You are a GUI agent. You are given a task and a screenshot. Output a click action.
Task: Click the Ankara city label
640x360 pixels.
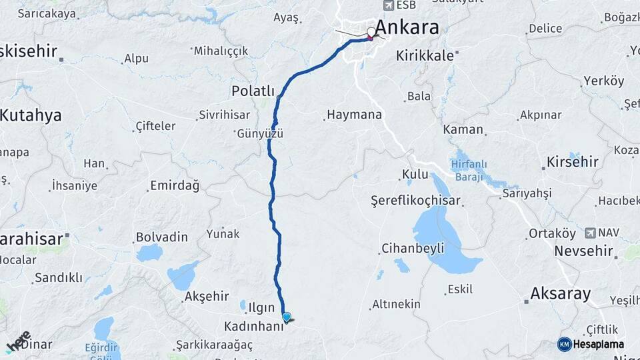point(407,27)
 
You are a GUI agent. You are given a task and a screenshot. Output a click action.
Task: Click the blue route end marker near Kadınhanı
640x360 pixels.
point(287,317)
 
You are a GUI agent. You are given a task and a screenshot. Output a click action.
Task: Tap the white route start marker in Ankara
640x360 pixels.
point(371,31)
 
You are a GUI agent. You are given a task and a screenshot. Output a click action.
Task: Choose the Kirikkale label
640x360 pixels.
point(425,56)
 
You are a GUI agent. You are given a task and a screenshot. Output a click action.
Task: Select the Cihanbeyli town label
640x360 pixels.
point(413,249)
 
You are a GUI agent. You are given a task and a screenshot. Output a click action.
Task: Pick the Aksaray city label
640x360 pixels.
point(560,293)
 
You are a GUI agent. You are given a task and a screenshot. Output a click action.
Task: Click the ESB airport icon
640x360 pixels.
point(387,5)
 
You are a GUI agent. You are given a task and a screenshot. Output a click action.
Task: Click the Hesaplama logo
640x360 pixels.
point(595,344)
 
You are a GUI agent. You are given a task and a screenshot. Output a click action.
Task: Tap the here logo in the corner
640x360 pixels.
point(18,341)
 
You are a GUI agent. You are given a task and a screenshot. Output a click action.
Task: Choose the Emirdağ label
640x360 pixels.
point(175,186)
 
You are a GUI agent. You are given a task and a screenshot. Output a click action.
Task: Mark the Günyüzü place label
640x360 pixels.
point(260,133)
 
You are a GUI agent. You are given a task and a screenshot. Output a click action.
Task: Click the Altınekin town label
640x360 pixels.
point(396,304)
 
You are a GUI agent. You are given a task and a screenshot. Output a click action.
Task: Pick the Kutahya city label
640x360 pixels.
point(31,115)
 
